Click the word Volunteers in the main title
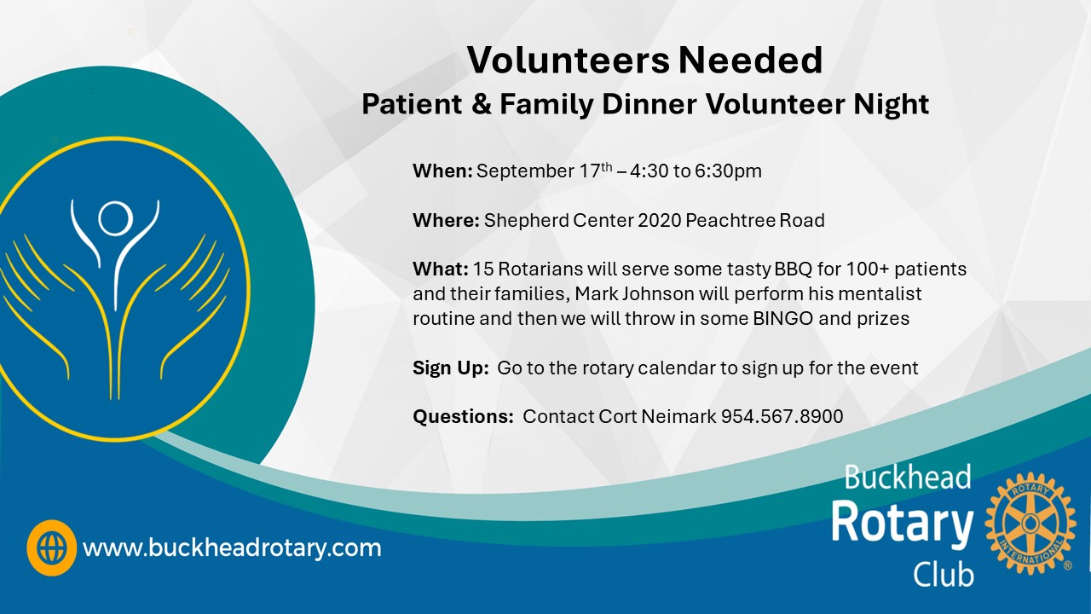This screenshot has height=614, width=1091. [569, 61]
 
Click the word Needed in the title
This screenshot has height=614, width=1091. [751, 61]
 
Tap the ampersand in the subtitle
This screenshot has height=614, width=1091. [482, 104]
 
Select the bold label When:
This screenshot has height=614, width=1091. [442, 171]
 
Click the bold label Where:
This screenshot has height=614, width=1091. [446, 220]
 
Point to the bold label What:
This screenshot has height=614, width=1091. [441, 269]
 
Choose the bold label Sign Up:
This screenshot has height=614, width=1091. [451, 368]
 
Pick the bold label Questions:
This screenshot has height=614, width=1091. [463, 417]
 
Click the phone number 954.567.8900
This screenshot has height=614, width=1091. [782, 417]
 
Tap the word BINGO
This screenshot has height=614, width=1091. [783, 319]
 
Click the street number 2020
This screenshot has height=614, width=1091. [660, 220]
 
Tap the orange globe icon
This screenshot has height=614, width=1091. [52, 547]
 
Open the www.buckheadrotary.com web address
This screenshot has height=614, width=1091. [232, 547]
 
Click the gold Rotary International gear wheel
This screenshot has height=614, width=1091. [1030, 524]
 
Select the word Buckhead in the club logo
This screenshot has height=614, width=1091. [908, 477]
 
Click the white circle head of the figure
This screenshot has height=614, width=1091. [115, 218]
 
